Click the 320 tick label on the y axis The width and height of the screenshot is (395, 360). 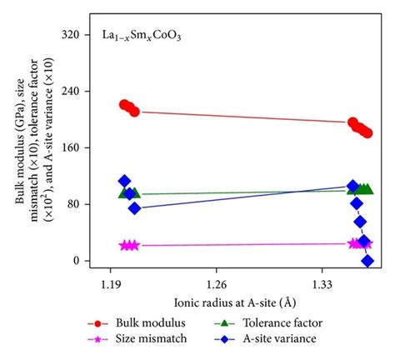pos(76,35)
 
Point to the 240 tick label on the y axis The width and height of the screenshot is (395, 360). pos(76,92)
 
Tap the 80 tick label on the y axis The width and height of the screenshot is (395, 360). pos(78,204)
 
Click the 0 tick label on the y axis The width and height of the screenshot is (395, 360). pos(82,261)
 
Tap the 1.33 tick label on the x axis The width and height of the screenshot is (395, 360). pos(322,284)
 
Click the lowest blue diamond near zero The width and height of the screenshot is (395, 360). pos(367,261)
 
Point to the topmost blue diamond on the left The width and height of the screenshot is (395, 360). pos(124,181)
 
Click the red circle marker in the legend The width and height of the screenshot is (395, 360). pos(99,322)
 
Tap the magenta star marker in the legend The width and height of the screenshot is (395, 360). pos(99,339)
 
